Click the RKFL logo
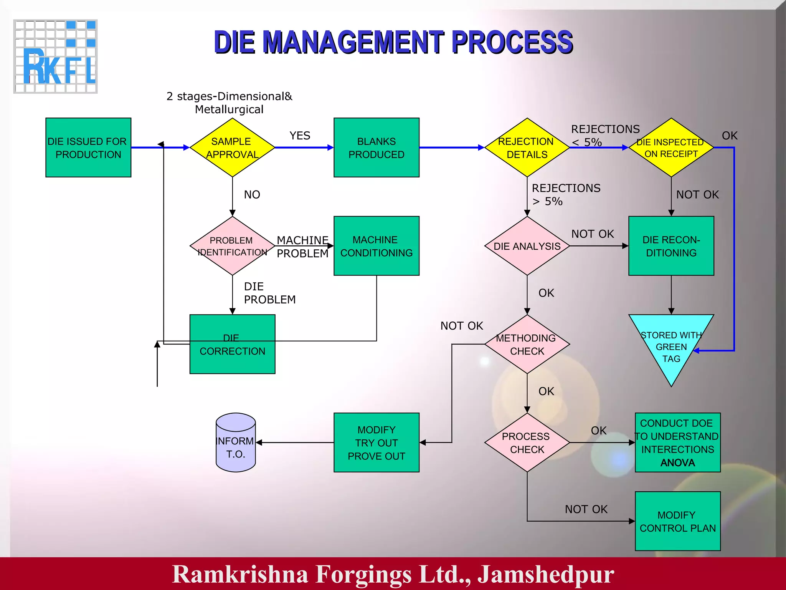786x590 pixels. click(56, 56)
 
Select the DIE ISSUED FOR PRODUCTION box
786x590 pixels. click(88, 147)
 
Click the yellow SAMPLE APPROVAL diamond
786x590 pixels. click(232, 147)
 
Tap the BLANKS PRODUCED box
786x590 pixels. click(376, 147)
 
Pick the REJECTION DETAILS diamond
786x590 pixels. click(527, 147)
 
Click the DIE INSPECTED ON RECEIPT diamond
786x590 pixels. click(671, 147)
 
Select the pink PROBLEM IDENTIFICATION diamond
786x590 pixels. click(232, 246)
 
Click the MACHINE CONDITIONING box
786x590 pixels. click(376, 246)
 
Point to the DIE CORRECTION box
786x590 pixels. click(232, 353)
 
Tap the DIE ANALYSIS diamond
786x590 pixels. click(527, 246)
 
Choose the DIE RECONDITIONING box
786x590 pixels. click(671, 246)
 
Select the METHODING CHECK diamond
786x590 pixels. click(527, 344)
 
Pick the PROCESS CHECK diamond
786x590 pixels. click(527, 442)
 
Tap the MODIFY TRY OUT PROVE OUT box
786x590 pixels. click(376, 442)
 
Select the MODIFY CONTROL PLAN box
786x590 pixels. click(677, 521)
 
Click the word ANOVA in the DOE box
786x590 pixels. click(677, 463)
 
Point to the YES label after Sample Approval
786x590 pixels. click(300, 136)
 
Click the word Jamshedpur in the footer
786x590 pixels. click(545, 574)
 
